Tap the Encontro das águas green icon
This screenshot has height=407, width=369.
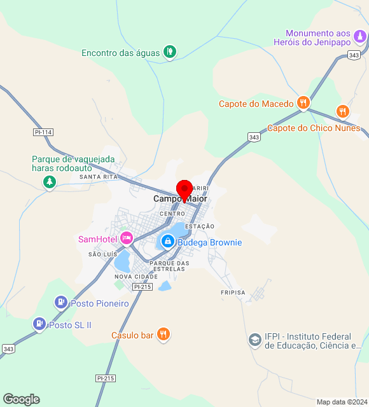pos(169,52)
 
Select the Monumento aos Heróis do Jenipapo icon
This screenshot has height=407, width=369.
pos(361,38)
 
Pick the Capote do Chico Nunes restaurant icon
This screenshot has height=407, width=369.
pos(343,111)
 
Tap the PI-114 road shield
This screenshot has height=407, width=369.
pos(43,132)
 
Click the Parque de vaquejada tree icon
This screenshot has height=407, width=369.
pos(49,183)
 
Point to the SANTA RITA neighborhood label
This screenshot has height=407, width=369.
pos(99,177)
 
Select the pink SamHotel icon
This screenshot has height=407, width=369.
pos(126,238)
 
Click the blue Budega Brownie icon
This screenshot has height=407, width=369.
pos(167,242)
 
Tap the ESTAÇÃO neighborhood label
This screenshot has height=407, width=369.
pos(200,226)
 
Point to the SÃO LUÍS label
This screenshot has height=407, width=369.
pos(102,254)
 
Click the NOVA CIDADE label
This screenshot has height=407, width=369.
pos(136,277)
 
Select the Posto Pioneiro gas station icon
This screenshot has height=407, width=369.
pos(61,303)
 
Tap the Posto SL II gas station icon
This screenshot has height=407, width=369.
pos(39,324)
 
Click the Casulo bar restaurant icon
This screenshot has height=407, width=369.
pos(164,335)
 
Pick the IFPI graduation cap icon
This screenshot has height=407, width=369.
pos(254,340)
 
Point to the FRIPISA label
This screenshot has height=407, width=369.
pos(232,293)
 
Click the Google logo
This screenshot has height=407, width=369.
pos(21,399)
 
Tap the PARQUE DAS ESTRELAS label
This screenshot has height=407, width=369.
pos(169,266)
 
